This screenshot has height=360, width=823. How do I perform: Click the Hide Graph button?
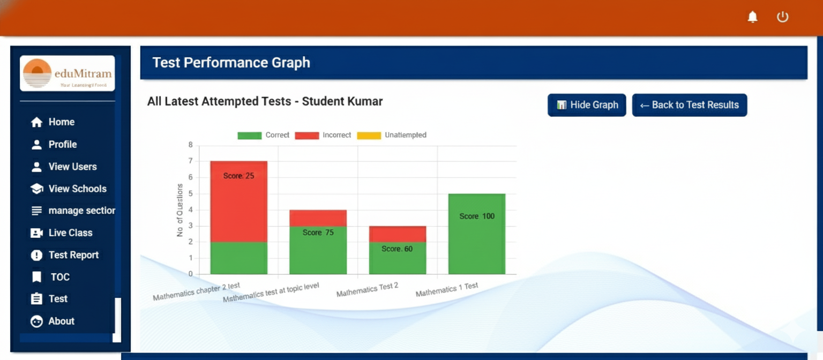coord(586,105)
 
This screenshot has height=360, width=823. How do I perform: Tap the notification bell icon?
coord(753,17)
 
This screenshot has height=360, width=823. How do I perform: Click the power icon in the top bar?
coord(783,17)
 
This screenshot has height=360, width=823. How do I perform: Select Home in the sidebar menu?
coord(61,122)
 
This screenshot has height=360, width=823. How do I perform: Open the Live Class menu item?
coord(70,233)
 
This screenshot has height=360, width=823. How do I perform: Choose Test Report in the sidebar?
coord(73,255)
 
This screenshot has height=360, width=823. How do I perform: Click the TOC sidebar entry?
coord(60,277)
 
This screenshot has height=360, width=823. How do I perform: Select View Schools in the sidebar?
coord(77,189)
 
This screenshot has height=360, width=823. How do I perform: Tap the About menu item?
coord(61,321)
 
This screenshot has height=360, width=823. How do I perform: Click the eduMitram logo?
coord(68,73)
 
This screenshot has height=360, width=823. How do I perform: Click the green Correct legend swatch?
coord(249,136)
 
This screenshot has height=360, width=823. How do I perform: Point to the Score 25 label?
coord(238,176)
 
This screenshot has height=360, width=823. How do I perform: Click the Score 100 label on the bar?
coord(477,216)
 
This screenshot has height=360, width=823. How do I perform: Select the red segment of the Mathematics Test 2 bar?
coord(398,234)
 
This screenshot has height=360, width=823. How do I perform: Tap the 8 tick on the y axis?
coord(190,145)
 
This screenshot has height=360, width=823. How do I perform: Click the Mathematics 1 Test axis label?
coord(447,290)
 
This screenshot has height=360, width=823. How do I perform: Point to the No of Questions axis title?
coord(180,210)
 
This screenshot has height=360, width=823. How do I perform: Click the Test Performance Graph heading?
coord(231,63)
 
